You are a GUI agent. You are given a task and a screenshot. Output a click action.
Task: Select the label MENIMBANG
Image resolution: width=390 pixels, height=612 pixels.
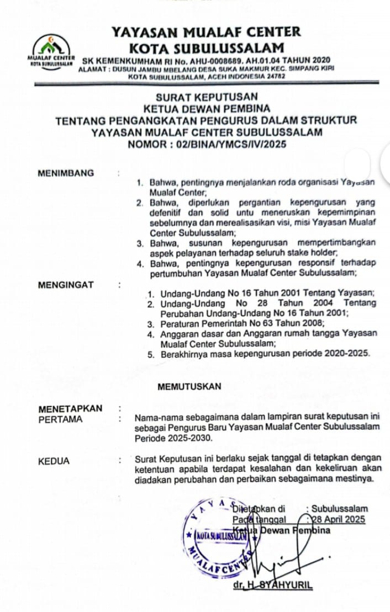[x=66, y=173]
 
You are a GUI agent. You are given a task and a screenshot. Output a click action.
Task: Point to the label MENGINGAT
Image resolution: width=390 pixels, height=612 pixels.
[x=66, y=285]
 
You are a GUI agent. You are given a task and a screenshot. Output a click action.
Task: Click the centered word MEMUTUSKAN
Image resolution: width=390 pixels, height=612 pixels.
[x=189, y=387]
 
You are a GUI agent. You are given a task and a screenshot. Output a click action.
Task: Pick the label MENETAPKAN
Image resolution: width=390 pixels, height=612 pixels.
[x=70, y=409]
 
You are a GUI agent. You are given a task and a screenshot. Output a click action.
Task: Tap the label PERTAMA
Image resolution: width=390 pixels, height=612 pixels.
[x=60, y=419]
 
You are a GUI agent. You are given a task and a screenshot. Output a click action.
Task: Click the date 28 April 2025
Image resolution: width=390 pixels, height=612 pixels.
[x=339, y=519]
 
